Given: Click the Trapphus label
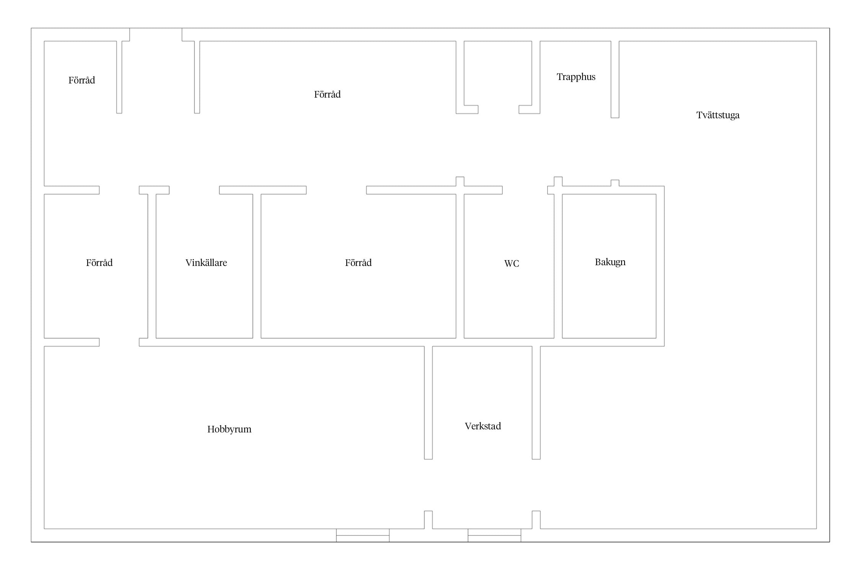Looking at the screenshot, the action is coord(576,77).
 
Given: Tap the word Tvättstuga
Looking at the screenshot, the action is coord(718,115).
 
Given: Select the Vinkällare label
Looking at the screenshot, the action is coord(206,263).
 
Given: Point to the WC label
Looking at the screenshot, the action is coord(512,263).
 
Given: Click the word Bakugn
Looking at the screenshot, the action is coord(610,262).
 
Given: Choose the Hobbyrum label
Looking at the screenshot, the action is coord(229,429).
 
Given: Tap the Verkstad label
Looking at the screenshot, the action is coord(483,426).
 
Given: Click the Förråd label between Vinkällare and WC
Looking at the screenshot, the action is coord(358,263).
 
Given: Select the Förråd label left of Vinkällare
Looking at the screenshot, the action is coord(99,263).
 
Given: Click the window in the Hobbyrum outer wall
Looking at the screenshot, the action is coord(363,535).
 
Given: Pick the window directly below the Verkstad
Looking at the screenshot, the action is coord(494,535).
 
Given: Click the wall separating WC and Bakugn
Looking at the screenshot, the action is coord(558,266).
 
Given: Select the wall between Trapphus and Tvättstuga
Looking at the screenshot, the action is coord(615,79).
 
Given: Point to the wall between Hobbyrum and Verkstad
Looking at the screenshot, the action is coord(428,403).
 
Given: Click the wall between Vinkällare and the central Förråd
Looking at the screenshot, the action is coord(257,266).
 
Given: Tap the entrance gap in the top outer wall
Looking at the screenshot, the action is coord(156,34).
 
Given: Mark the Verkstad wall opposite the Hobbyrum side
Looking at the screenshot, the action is coord(536,403).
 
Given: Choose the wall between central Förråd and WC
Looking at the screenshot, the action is coord(460,266).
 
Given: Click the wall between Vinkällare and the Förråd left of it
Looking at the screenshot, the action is coord(152,266).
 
